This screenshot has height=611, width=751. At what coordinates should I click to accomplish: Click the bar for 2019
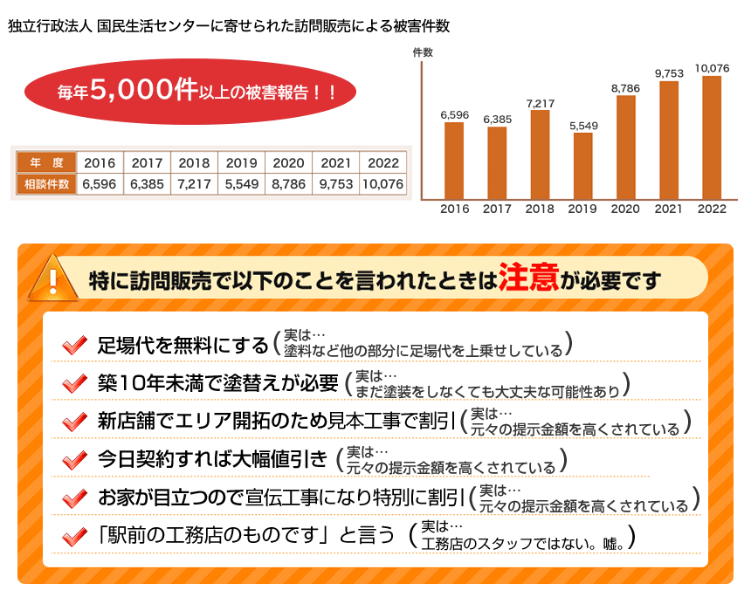pos(582,166)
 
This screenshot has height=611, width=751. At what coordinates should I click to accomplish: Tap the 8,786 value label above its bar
pos(625,88)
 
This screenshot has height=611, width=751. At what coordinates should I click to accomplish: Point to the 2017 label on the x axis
pos(497,209)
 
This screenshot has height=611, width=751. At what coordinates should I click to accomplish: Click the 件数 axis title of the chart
pos(423,52)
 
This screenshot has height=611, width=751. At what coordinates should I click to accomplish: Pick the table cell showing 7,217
pos(193,184)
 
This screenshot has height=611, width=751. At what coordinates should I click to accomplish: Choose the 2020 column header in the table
pos(288,162)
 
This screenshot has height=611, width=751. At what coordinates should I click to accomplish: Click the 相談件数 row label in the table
pos(46,184)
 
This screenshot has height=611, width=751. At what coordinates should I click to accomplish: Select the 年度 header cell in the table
pos(46,162)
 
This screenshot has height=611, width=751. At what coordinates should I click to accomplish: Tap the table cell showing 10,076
pos(382,184)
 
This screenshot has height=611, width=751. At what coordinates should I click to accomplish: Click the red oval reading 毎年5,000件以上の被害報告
pos(190,91)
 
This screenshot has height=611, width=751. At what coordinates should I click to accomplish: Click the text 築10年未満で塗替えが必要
pos(217,383)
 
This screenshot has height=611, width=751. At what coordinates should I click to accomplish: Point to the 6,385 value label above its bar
pos(497,120)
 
